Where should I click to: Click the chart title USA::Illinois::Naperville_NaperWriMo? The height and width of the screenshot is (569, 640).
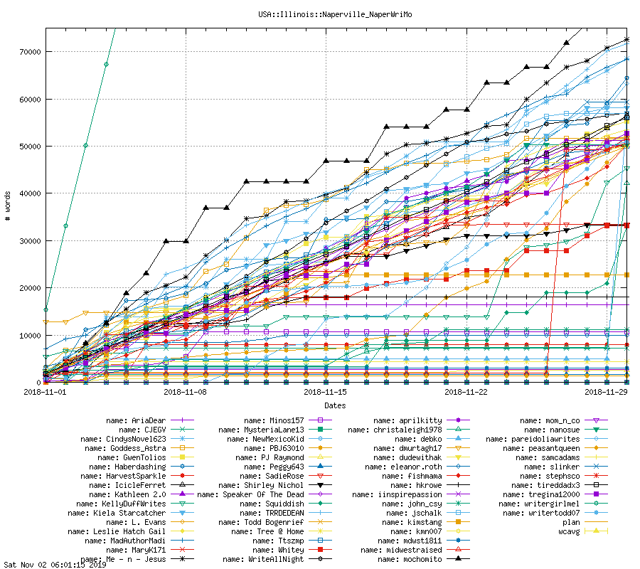[x=319, y=14]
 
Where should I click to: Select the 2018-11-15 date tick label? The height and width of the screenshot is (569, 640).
[x=325, y=392]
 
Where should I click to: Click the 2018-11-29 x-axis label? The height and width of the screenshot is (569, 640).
[x=605, y=392]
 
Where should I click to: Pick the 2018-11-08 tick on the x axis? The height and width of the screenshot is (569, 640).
[x=185, y=392]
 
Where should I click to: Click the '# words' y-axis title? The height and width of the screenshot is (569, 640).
[x=8, y=206]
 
